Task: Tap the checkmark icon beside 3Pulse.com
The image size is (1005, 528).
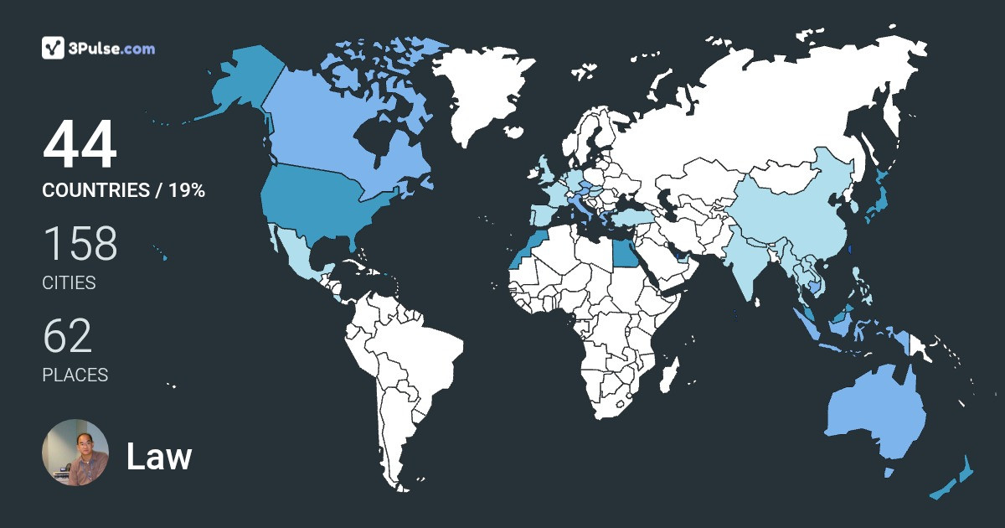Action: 54,48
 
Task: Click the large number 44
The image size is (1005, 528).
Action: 80,147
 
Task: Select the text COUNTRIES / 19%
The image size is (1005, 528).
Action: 124,190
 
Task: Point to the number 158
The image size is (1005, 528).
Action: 80,244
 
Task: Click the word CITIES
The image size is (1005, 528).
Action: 70,283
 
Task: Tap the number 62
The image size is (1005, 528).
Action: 68,336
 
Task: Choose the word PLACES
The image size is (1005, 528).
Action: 75,375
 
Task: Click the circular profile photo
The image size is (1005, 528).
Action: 75,453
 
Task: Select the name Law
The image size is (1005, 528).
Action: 159,457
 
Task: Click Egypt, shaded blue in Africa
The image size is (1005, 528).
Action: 624,251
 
